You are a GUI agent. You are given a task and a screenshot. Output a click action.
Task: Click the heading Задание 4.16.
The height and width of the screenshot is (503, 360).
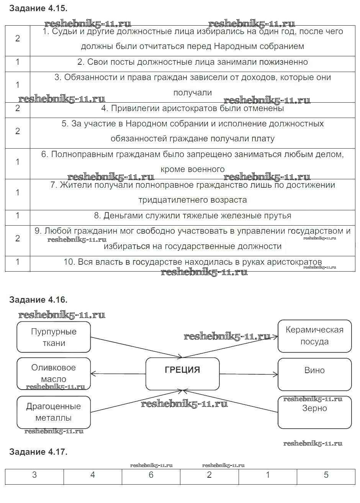click(x=38, y=300)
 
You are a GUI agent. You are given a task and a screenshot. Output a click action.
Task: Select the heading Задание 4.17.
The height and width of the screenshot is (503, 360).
click(x=38, y=452)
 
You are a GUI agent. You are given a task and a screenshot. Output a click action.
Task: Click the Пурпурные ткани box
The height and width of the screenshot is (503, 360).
click(x=54, y=337)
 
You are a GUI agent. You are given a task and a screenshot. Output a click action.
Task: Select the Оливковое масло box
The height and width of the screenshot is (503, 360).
click(x=54, y=374)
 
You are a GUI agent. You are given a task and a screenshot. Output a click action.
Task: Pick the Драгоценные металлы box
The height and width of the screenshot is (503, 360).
click(x=54, y=412)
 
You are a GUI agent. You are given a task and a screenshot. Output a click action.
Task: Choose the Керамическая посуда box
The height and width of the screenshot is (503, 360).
click(x=314, y=336)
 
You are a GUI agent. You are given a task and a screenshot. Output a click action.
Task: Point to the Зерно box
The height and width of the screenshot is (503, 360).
click(x=314, y=412)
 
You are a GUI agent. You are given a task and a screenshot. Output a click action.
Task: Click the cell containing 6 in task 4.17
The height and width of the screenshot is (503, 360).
click(x=151, y=475)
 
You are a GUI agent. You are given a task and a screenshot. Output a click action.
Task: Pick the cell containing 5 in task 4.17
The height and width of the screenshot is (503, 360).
click(x=326, y=475)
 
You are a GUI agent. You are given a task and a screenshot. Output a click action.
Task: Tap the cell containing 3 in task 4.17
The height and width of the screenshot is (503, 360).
click(x=34, y=475)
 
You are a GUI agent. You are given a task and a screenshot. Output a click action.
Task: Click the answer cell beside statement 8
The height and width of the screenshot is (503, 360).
click(x=18, y=216)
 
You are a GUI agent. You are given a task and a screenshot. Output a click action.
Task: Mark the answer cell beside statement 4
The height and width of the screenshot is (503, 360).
click(x=18, y=108)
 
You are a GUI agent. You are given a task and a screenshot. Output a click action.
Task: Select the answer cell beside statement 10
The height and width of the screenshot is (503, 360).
click(x=18, y=262)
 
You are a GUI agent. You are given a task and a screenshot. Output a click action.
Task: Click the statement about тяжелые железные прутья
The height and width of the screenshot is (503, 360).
click(x=193, y=216)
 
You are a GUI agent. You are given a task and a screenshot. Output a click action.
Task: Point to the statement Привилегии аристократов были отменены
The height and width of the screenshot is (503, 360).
click(x=193, y=108)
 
